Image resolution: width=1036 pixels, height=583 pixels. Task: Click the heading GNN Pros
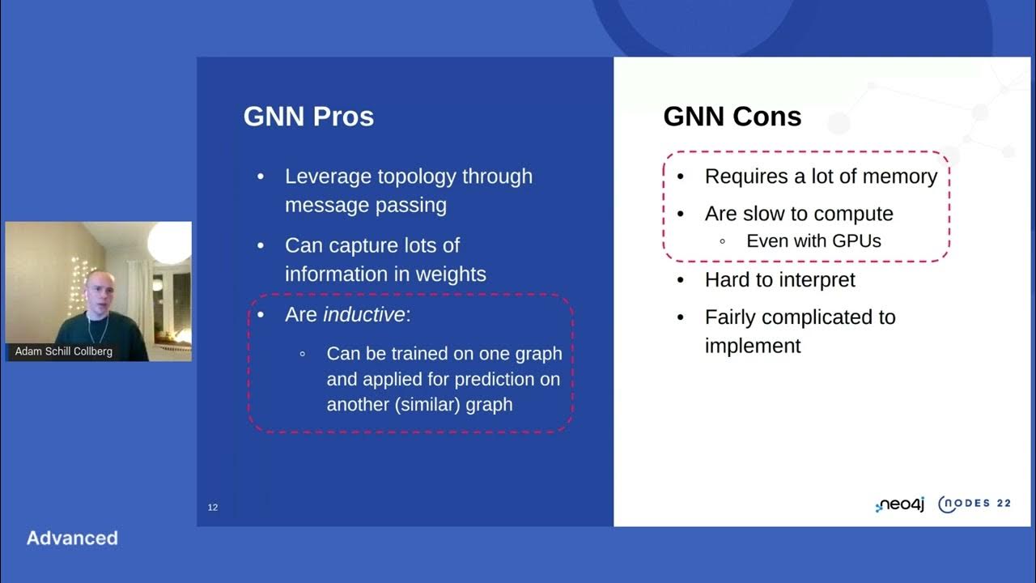[x=308, y=117]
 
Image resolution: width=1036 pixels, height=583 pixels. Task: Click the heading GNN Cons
[x=732, y=117]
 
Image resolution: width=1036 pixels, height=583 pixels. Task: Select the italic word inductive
[x=364, y=315]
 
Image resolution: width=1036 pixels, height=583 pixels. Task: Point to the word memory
[x=899, y=177]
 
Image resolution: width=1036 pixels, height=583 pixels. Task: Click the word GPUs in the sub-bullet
[x=851, y=240]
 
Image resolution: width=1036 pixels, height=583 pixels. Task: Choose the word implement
[x=752, y=346]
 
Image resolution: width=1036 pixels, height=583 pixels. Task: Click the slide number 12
[x=213, y=508]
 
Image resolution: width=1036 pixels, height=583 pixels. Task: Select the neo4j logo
[x=900, y=504]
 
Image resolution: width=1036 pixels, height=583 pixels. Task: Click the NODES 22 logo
[x=974, y=504]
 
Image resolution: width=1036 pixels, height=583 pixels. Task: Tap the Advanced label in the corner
[x=72, y=538]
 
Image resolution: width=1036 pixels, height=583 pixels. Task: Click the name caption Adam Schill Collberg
[x=64, y=351]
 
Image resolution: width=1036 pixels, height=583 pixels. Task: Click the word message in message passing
[x=325, y=205]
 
